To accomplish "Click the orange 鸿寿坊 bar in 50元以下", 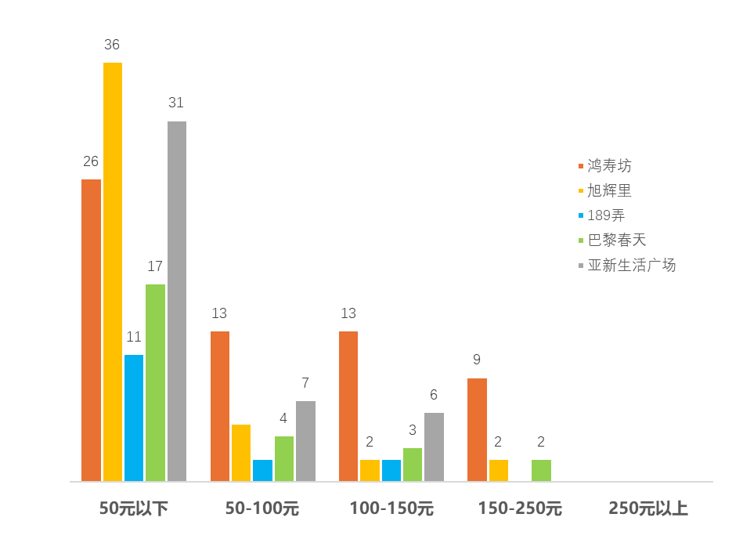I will [91, 329].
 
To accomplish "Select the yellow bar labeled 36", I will [112, 271].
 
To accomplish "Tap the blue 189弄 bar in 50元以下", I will [134, 417].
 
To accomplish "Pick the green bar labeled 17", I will [155, 382].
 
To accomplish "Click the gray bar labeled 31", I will [176, 300].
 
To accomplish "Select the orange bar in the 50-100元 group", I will [219, 405].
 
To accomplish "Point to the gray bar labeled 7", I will [305, 440].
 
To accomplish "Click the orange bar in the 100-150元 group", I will [348, 405].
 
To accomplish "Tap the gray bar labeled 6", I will [434, 446].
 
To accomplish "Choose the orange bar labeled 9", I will [477, 429].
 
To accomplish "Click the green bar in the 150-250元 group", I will [541, 469].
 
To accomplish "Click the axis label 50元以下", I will [134, 508].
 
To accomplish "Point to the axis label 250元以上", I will [648, 508].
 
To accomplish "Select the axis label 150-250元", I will [520, 508].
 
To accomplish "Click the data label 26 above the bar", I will [91, 162].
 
